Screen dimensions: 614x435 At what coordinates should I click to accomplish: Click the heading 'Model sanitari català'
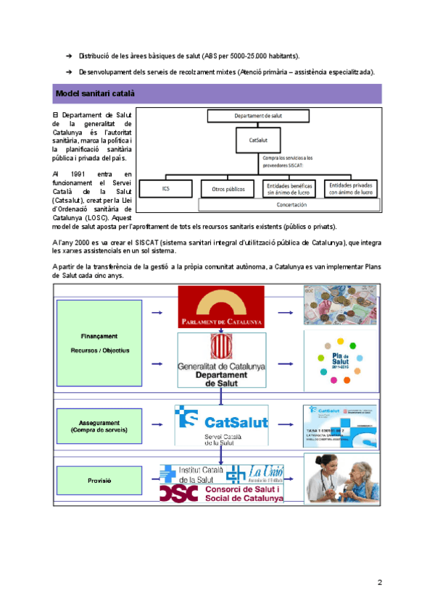[x=95, y=94]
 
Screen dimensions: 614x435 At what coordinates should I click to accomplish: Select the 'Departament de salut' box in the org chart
[x=258, y=116]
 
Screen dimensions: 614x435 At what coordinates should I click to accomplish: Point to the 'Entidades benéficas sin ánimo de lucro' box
[x=289, y=190]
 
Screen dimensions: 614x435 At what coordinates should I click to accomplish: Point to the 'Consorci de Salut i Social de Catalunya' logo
[x=222, y=493]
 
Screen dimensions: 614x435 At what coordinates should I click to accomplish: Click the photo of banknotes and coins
[x=338, y=305]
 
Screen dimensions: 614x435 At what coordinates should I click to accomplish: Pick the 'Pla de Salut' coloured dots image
[x=338, y=362]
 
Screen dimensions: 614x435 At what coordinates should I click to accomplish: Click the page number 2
[x=379, y=583]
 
